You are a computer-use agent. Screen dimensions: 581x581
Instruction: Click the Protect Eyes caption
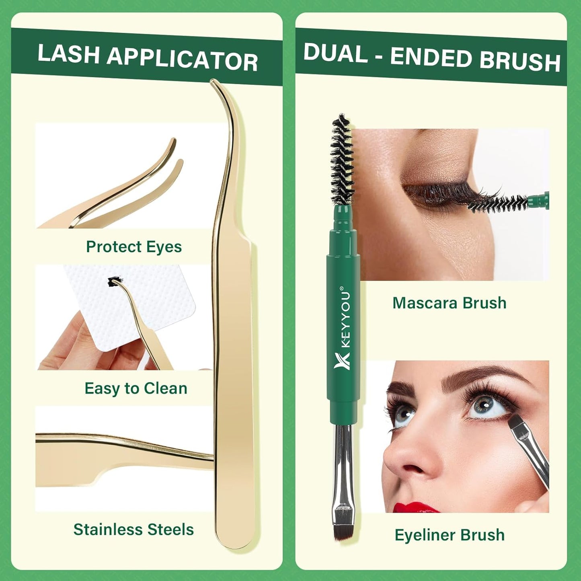click(133, 247)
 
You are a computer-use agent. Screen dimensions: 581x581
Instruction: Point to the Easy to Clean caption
click(136, 388)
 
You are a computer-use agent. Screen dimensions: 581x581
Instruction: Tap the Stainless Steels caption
click(133, 530)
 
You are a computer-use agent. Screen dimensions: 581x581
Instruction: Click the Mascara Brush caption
click(449, 303)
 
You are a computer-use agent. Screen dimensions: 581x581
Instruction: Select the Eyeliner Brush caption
click(450, 535)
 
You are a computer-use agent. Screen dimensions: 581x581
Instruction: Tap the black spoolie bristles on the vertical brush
click(342, 161)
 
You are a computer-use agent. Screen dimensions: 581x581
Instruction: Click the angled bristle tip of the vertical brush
click(344, 527)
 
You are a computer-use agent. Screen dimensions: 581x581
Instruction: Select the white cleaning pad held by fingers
click(153, 306)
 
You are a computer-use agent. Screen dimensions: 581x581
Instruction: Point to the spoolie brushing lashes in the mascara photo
click(499, 203)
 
